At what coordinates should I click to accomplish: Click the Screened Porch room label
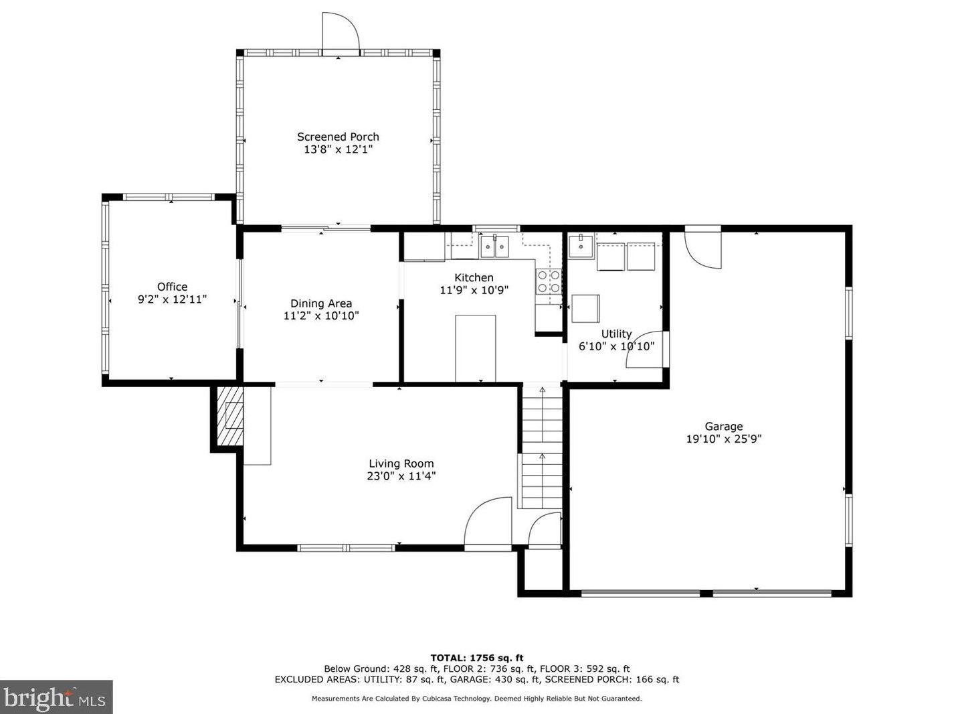338,137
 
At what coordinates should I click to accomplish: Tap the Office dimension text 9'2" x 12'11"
172,299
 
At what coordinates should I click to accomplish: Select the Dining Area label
320,303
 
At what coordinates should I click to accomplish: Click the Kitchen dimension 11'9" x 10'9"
474,290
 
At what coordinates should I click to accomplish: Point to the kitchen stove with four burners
549,281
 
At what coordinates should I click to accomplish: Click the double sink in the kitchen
494,247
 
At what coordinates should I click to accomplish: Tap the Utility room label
616,334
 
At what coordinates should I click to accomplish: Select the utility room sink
581,246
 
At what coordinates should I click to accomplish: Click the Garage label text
724,427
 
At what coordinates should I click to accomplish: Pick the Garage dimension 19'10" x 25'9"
724,439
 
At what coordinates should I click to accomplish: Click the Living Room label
401,463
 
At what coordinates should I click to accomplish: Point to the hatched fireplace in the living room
230,415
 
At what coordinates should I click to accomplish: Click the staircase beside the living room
542,447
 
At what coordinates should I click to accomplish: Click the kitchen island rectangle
476,348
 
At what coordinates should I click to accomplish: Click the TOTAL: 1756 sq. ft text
477,658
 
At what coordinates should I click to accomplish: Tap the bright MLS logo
56,698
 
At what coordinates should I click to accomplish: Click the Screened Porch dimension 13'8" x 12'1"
338,149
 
